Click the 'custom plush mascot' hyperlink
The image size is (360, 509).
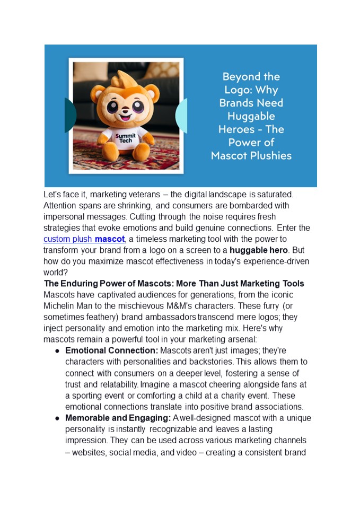point(84,239)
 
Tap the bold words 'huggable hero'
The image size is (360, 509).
point(258,250)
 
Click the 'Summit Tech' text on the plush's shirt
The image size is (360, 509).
point(126,139)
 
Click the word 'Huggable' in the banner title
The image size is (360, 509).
point(251,116)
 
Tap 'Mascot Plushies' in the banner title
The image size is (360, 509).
point(251,155)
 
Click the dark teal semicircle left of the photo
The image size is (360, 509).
point(70,115)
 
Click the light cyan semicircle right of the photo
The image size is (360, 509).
point(181,115)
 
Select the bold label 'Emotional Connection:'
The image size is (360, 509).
point(111,350)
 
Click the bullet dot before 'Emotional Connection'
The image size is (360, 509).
point(57,351)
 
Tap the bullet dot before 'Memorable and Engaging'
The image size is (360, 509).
point(57,419)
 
